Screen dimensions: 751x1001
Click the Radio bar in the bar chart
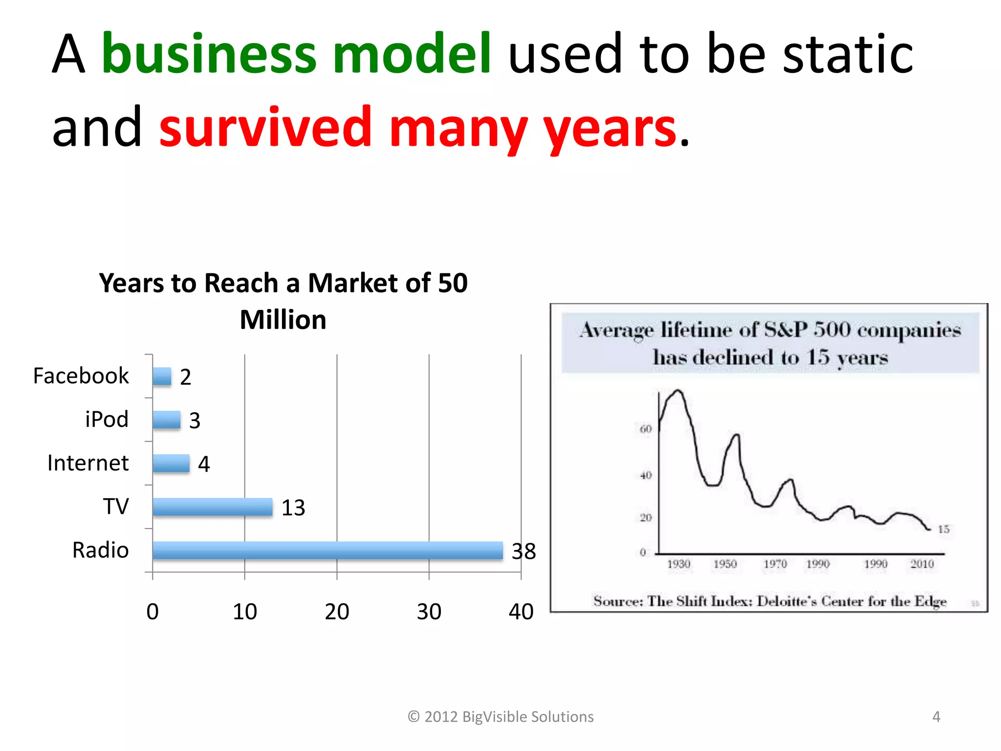tap(327, 550)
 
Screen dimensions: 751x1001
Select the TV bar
tap(212, 507)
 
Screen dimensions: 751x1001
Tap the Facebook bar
tap(162, 376)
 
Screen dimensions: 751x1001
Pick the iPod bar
tap(166, 420)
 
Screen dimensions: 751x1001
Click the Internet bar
tap(171, 463)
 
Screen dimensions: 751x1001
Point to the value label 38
tap(523, 552)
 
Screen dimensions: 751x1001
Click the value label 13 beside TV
tap(293, 508)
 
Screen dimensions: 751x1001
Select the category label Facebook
tap(81, 376)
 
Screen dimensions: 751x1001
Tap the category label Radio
tap(100, 550)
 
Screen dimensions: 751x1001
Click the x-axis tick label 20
tap(337, 612)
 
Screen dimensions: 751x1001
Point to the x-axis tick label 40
tap(521, 612)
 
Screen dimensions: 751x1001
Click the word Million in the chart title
tap(283, 320)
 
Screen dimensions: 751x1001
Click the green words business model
tap(296, 54)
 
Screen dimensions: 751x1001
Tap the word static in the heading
tap(848, 54)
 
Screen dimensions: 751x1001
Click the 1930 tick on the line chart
tap(679, 564)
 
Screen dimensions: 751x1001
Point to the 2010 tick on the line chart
tap(922, 564)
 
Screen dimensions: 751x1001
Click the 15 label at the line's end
tap(943, 529)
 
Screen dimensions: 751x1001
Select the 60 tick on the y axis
tap(646, 429)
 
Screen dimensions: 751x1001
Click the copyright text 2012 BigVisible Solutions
tap(500, 716)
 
